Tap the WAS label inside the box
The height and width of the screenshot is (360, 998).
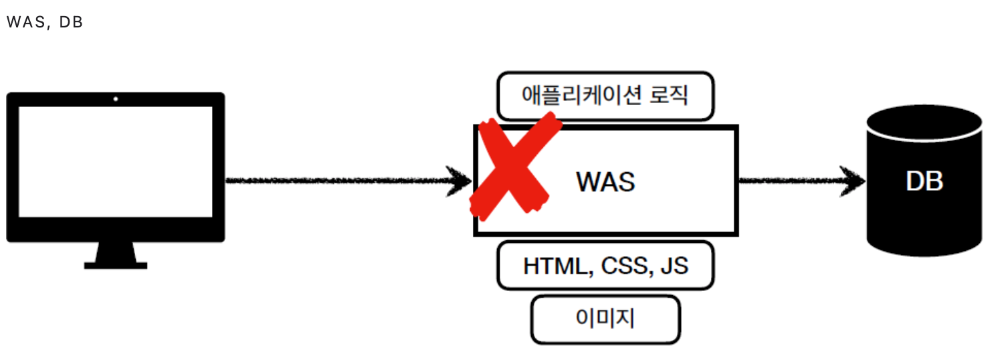pos(605,181)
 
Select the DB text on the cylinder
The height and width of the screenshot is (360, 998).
pos(924,181)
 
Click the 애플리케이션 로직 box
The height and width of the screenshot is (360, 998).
pos(605,96)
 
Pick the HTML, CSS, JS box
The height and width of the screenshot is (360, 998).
pos(605,266)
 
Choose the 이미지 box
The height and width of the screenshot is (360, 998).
pos(605,319)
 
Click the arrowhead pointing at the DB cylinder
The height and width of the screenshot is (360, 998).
pos(856,180)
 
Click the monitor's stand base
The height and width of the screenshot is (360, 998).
pos(115,265)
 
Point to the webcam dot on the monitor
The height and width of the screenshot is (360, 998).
pos(116,99)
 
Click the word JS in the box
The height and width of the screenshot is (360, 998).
pos(674,266)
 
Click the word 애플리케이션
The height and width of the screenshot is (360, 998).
pos(582,96)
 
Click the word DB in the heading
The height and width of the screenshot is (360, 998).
pos(70,22)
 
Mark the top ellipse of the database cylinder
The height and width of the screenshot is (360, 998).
pos(924,122)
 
